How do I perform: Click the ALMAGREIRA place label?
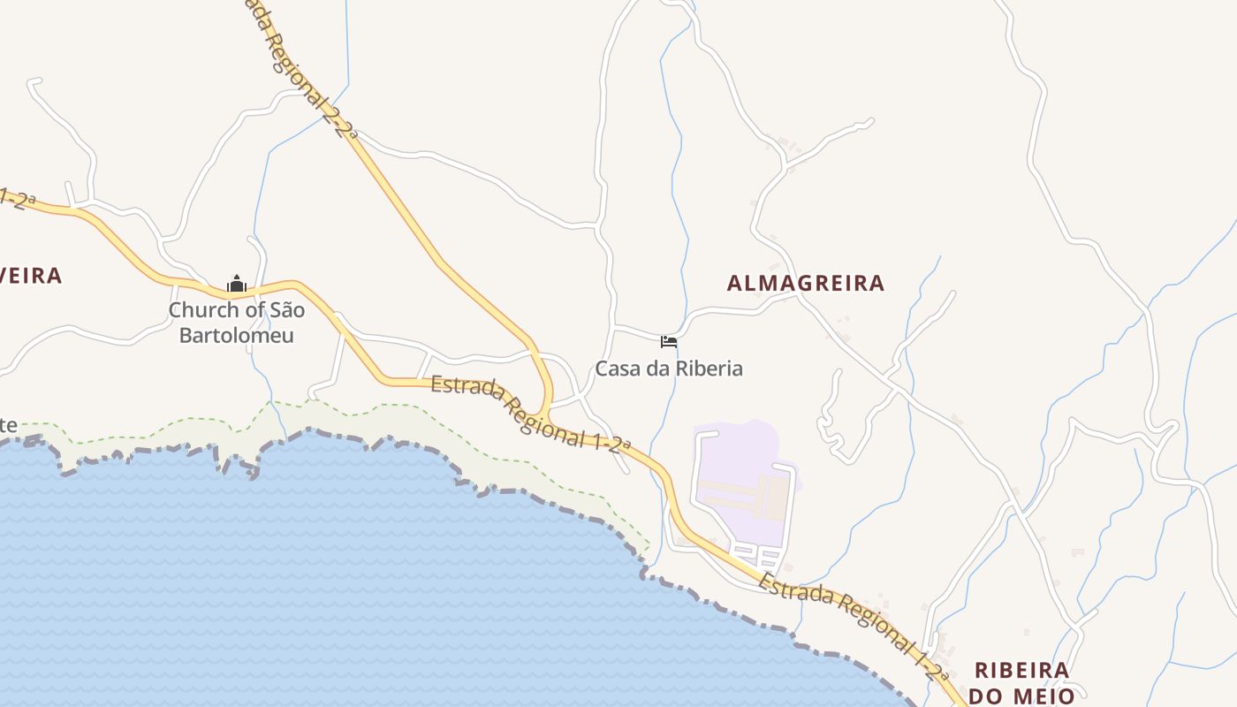pyautogui.click(x=805, y=283)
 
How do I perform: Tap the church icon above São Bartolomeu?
pyautogui.click(x=236, y=285)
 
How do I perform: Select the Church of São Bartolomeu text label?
pyautogui.click(x=237, y=323)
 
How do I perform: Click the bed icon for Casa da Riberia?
pyautogui.click(x=669, y=342)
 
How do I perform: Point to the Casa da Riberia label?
pyautogui.click(x=669, y=369)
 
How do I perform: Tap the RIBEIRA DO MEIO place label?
pyautogui.click(x=1021, y=683)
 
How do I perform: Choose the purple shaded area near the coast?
pyautogui.click(x=742, y=482)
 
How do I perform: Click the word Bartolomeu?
pyautogui.click(x=237, y=336)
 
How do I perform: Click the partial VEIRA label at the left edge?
pyautogui.click(x=31, y=276)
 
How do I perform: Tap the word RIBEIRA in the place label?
pyautogui.click(x=1021, y=670)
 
